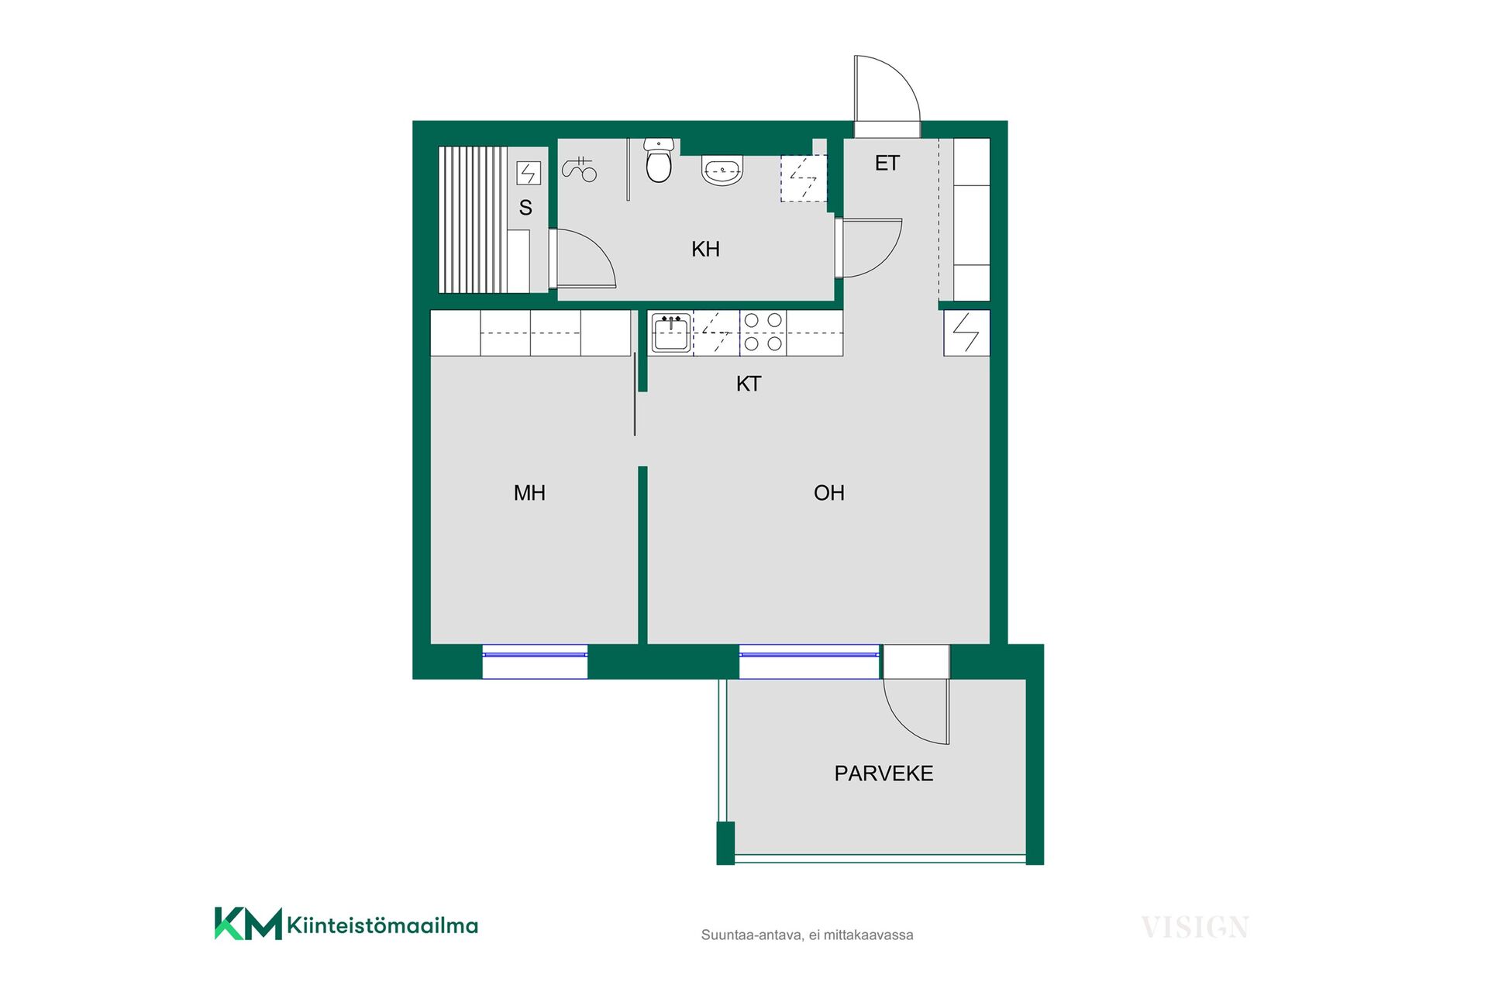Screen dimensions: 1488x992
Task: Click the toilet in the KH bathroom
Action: [658, 160]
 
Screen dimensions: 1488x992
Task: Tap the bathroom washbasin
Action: [722, 170]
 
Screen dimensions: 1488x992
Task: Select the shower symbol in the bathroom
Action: [580, 169]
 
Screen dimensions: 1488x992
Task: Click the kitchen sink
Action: [670, 333]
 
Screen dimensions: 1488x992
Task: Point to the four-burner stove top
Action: [763, 332]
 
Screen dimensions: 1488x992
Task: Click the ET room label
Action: [887, 164]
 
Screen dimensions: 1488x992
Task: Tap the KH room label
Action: [705, 250]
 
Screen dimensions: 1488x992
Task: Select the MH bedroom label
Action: [529, 493]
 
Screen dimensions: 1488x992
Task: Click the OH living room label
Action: [828, 493]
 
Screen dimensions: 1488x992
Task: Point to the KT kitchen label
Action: [749, 384]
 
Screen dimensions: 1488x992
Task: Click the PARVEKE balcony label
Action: [883, 773]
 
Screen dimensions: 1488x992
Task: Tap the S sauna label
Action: [525, 208]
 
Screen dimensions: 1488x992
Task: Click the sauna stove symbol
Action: [529, 173]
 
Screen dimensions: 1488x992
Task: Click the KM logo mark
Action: [248, 923]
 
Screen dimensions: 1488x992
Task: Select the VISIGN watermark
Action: [1194, 927]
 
